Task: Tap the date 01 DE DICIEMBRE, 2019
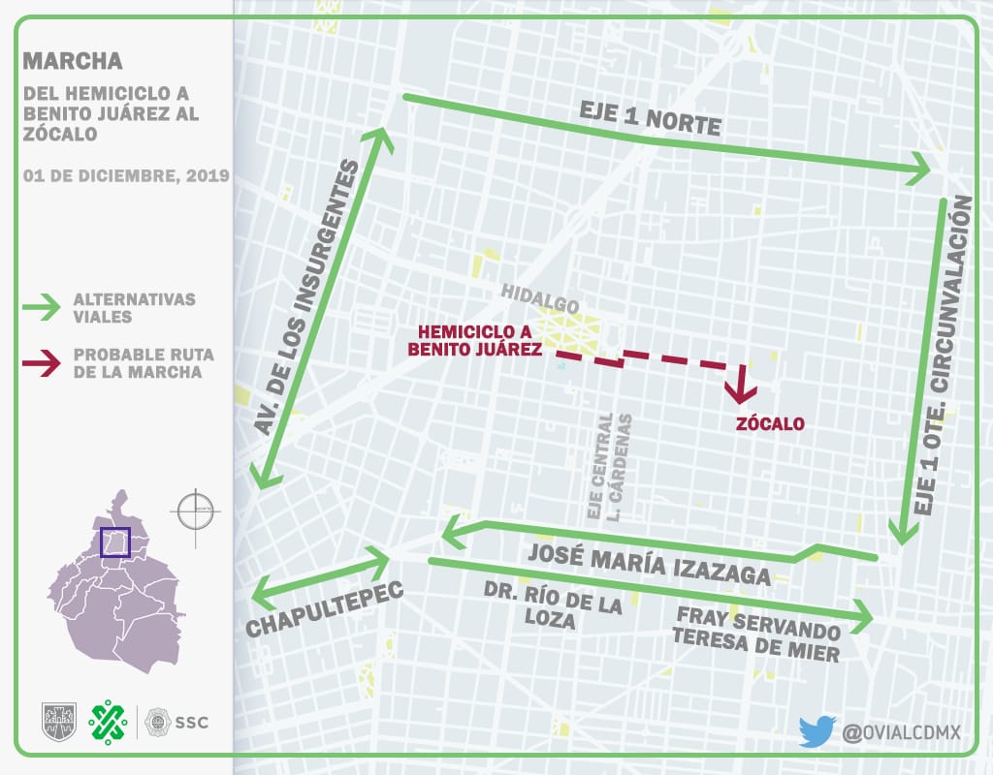coord(126,175)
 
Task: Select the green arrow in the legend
coord(45,308)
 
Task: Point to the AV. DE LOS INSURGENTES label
coord(308,301)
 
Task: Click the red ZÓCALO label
coord(769,423)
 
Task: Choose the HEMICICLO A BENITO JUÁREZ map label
coord(474,341)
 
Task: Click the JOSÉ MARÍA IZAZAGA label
coord(649,563)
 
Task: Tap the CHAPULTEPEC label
coord(324,611)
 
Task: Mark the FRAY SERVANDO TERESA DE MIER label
coord(757,634)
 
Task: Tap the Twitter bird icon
coord(817,730)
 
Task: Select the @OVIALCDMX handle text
coord(901,731)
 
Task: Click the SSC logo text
coord(191,722)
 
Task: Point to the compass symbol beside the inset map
coord(195,509)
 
